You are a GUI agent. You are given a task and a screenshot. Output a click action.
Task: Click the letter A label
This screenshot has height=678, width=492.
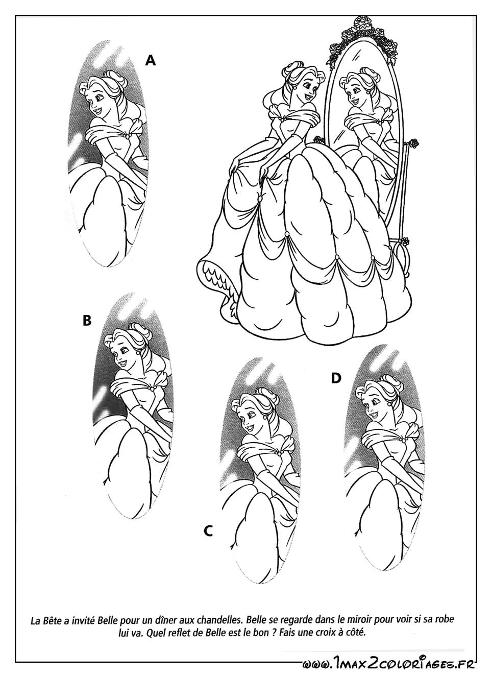(151, 60)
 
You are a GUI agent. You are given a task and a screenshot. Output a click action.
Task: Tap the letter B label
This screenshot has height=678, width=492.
(87, 320)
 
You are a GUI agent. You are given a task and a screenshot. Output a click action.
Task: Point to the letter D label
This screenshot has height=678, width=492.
(336, 378)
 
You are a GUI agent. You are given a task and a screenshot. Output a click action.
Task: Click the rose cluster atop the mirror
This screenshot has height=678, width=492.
(362, 36)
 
